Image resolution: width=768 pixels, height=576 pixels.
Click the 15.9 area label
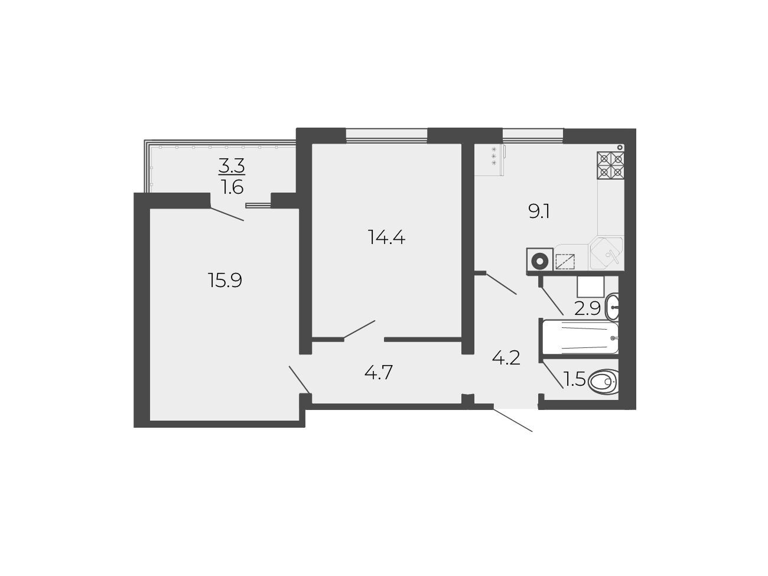click(224, 280)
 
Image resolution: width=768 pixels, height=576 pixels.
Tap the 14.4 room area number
click(386, 237)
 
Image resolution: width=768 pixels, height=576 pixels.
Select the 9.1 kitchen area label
click(539, 211)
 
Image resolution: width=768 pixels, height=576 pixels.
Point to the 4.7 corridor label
click(379, 372)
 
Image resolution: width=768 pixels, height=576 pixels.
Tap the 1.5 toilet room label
click(574, 379)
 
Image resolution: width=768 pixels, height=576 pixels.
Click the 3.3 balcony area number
click(232, 165)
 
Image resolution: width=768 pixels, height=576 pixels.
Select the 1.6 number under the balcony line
click(232, 187)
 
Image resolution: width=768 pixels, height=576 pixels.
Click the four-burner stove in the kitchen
click(611, 165)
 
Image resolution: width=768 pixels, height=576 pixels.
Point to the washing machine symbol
click(539, 259)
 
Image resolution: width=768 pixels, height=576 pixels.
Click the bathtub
click(581, 338)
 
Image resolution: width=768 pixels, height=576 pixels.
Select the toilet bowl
click(603, 382)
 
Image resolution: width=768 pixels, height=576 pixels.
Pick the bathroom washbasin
click(612, 307)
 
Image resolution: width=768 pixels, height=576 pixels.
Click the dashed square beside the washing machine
click(565, 262)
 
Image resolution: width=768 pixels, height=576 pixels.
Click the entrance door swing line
click(513, 419)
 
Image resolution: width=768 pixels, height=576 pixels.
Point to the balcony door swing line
click(227, 214)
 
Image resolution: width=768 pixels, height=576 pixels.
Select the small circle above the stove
click(620, 148)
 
